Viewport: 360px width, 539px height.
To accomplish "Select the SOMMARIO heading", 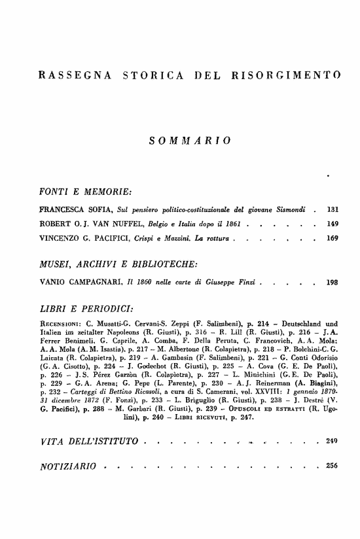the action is pos(190,140).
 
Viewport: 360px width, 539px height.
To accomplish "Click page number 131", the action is pos(333,210).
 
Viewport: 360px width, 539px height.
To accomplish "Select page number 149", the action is pos(333,224).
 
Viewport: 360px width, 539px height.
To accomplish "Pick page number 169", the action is pos(333,239).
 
